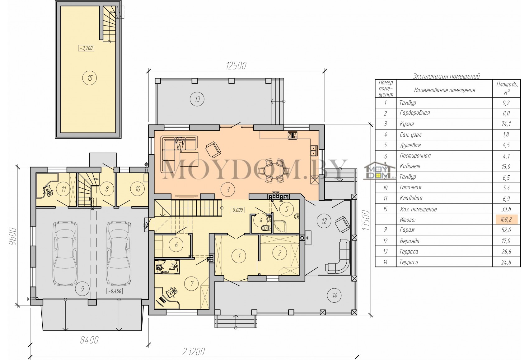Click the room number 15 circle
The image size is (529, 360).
90,78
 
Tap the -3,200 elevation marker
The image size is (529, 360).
86,48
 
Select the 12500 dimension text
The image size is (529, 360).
236,66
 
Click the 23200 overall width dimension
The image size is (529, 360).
194,352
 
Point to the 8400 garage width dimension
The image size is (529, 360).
89,340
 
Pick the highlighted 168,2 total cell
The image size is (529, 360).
506,220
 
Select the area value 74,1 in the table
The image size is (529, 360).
506,124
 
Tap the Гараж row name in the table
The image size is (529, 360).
407,230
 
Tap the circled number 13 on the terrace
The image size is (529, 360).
197,99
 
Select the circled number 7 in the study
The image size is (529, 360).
192,283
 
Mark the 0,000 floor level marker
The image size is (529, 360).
238,210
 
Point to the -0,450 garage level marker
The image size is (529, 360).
115,291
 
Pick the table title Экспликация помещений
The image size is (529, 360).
446,76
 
